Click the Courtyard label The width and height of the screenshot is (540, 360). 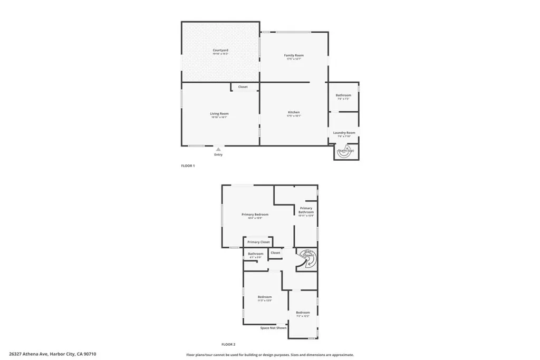point(220,50)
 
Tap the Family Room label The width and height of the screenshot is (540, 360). point(294,55)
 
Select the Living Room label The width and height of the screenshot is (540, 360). point(219,113)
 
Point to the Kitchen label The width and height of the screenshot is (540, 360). point(294,112)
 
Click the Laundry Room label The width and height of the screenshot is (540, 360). point(344,133)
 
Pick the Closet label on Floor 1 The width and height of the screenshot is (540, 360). point(243,87)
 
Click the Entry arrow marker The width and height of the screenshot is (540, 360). point(218,150)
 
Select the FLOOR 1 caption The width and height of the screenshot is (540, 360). point(188,166)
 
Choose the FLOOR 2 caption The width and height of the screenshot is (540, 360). point(228,344)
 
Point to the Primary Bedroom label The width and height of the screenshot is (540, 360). point(255,215)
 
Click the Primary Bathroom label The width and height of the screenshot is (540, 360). point(306,210)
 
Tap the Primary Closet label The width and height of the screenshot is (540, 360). point(258,242)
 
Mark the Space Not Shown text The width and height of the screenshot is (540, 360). point(274,328)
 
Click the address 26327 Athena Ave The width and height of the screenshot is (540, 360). point(53,354)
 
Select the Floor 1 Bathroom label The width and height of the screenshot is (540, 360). point(343,95)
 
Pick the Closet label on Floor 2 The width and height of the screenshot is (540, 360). point(275,253)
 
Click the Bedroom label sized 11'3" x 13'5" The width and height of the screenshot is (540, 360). point(265,297)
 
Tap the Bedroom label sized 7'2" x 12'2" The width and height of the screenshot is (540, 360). point(303,313)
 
